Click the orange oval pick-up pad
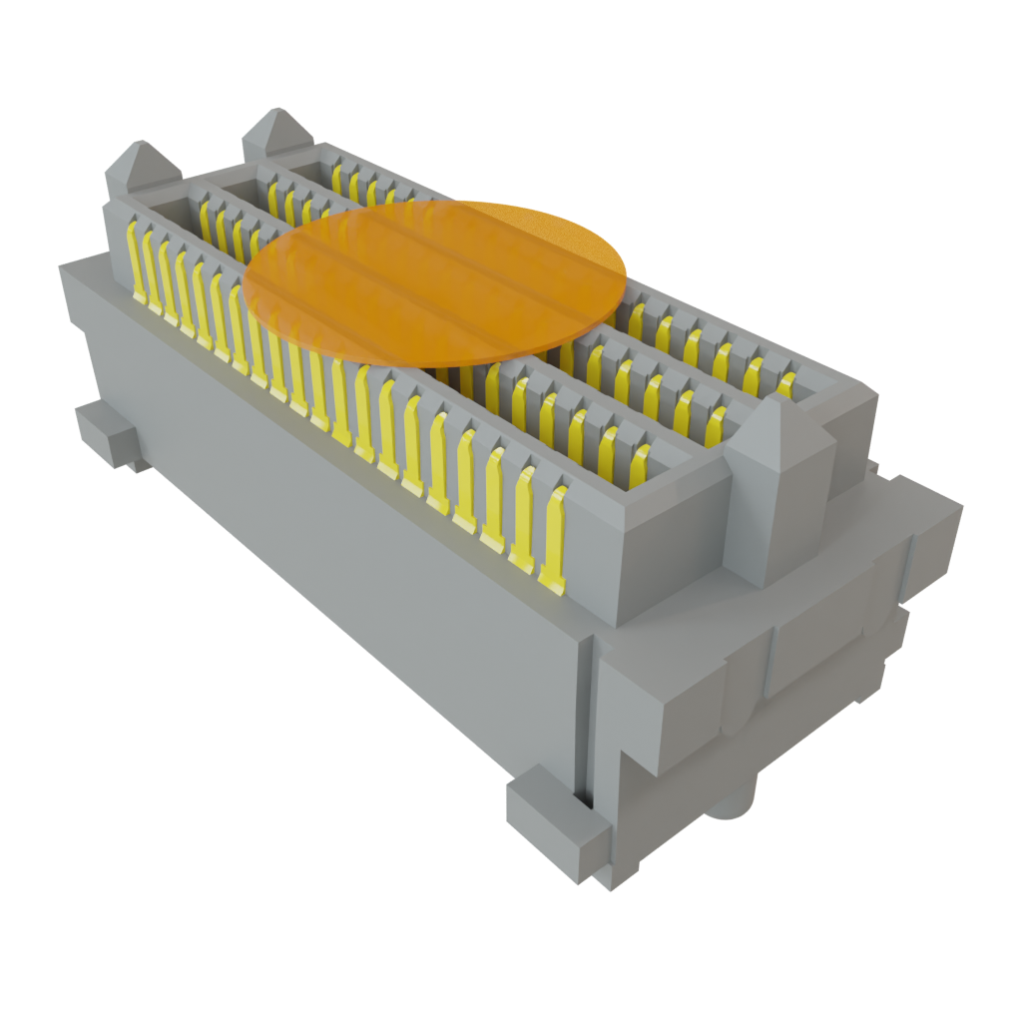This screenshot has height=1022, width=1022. [x=436, y=281]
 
